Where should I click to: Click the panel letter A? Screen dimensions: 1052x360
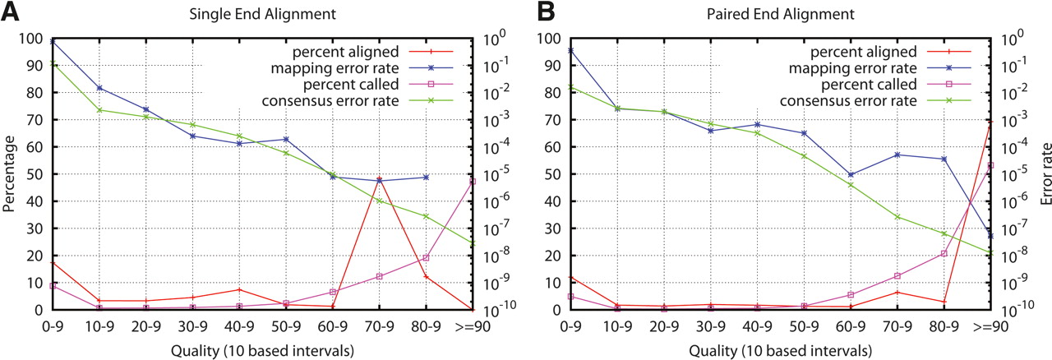(x=10, y=12)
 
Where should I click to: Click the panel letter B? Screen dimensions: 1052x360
(x=546, y=12)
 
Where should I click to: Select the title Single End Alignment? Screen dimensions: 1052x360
(x=262, y=14)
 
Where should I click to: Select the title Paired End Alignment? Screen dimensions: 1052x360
(x=781, y=14)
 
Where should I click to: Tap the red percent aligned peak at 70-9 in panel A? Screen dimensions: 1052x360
(x=379, y=178)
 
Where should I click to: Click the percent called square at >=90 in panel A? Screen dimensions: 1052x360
(x=473, y=182)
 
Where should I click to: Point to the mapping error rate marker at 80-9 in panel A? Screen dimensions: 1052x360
(x=426, y=178)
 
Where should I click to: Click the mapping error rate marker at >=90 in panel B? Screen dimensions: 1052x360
(x=990, y=235)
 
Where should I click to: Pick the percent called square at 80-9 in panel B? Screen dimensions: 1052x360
(x=944, y=253)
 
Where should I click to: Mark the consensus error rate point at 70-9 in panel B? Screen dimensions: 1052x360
(x=897, y=217)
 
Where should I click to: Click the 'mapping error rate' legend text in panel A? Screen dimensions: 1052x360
(x=335, y=68)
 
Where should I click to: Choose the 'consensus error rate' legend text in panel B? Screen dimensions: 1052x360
(x=848, y=101)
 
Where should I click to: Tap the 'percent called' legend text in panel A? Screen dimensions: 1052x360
(x=351, y=85)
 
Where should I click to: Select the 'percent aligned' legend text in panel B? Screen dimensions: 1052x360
(x=864, y=52)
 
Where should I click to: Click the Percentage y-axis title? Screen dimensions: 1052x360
(x=9, y=174)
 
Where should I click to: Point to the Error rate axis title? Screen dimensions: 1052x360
(x=1045, y=174)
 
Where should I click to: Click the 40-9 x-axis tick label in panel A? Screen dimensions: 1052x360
(x=239, y=326)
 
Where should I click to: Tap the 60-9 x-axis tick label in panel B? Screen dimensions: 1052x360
(x=851, y=326)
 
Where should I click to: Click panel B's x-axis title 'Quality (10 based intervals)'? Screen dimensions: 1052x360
(x=781, y=351)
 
